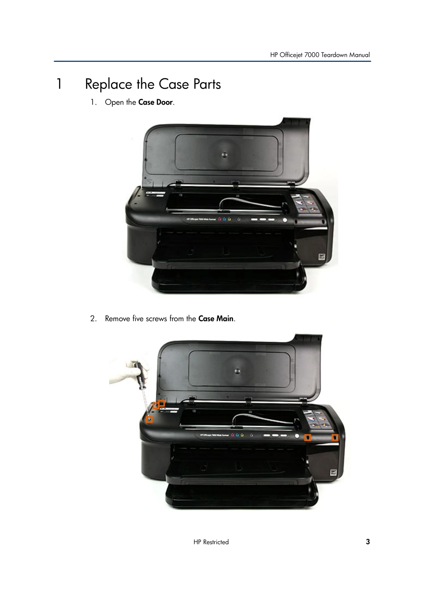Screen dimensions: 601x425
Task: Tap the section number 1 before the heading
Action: (59, 85)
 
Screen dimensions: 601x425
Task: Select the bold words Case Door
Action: (155, 102)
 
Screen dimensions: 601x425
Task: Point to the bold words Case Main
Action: (216, 319)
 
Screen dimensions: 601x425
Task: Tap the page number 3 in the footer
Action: (368, 542)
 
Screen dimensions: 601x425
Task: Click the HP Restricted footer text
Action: (211, 542)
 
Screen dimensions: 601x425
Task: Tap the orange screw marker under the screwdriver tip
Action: (149, 419)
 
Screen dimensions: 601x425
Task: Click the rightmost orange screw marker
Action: (335, 438)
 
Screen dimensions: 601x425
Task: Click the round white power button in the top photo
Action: (284, 220)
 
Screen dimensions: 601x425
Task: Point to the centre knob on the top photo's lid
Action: (225, 155)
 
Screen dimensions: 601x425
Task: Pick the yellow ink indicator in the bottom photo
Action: (242, 435)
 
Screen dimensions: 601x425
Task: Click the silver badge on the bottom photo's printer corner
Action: (334, 472)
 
